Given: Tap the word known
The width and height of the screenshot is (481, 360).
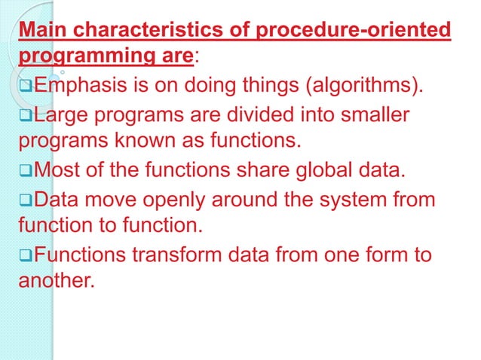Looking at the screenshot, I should coord(150,143).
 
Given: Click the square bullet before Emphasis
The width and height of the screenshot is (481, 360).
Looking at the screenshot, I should coord(25,92).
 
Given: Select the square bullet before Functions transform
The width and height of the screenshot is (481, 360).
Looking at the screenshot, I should coord(25,255).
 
